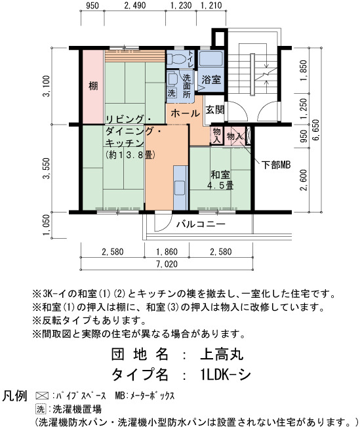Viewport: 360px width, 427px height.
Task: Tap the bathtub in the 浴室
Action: point(211,58)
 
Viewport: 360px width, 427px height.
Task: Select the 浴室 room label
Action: point(211,79)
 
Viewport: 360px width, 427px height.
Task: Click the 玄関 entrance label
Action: point(215,110)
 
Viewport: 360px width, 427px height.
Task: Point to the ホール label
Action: point(185,113)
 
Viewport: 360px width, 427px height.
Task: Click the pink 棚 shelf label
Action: point(93,86)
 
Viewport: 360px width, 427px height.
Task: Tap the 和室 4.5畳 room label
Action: point(220,180)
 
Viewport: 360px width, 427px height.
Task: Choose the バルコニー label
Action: point(201,224)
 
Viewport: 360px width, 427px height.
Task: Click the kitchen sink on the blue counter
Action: point(180,188)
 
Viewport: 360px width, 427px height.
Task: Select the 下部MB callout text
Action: point(276,165)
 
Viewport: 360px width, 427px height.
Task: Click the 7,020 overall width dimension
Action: point(167,264)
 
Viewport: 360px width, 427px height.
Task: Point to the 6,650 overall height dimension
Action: point(316,130)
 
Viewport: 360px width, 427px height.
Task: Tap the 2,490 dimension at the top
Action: point(135,5)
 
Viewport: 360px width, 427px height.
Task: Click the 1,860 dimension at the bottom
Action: point(167,252)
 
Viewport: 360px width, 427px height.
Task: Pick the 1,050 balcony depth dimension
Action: point(47,225)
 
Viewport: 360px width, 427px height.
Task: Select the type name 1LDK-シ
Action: point(226,375)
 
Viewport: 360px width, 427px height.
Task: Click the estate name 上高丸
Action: point(222,355)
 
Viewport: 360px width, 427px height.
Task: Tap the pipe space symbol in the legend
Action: point(42,396)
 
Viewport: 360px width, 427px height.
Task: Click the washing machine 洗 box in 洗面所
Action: point(172,93)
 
